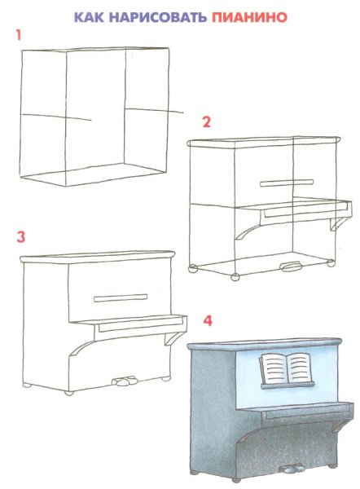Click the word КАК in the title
(x=89, y=17)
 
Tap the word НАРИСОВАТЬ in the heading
(x=158, y=17)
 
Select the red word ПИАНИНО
(x=249, y=17)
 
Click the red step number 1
(x=19, y=35)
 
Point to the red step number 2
(x=206, y=121)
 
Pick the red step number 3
(x=20, y=236)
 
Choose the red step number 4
(x=208, y=320)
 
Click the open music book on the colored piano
(x=285, y=368)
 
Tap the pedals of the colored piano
(x=292, y=469)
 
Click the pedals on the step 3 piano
(x=125, y=381)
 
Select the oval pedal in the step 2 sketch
(x=291, y=267)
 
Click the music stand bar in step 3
(x=121, y=297)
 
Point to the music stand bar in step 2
(x=287, y=183)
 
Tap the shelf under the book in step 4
(x=288, y=385)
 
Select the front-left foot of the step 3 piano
(x=69, y=393)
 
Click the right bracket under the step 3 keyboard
(x=174, y=338)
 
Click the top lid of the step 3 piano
(x=97, y=258)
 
